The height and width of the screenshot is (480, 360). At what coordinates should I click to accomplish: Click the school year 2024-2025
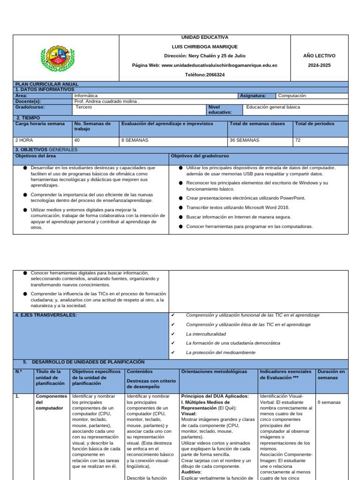coord(319,65)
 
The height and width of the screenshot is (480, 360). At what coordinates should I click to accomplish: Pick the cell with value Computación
coord(292,96)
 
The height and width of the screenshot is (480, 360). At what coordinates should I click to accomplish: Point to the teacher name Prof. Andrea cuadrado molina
coord(106,101)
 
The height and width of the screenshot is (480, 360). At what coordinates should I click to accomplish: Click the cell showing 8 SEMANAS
coord(135,140)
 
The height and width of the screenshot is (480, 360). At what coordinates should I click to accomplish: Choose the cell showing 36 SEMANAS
coord(244,140)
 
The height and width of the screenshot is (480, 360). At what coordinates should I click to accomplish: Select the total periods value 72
coord(298,140)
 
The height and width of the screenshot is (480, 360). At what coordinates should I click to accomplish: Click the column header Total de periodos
coord(315,124)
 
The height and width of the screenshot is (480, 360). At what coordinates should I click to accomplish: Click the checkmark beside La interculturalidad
coord(173,334)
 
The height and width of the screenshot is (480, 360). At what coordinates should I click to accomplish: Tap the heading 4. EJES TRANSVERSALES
coord(46,315)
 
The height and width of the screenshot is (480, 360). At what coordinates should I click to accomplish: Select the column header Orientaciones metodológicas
coord(214,372)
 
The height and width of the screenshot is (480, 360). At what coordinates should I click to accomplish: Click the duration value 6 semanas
coord(329,402)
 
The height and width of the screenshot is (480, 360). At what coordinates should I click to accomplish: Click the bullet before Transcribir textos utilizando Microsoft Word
coord(180,208)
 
